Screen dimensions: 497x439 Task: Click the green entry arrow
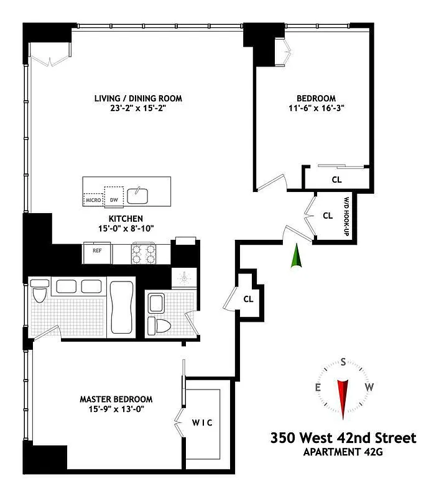(x=297, y=257)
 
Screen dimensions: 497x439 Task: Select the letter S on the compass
(x=343, y=361)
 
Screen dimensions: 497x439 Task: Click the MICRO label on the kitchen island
(x=93, y=199)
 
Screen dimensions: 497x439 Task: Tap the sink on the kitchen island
(x=138, y=196)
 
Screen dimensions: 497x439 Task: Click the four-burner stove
(x=146, y=253)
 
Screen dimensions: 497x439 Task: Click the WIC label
(x=201, y=423)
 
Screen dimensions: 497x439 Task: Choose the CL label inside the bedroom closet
(x=336, y=180)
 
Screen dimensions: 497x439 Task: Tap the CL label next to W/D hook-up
(x=328, y=216)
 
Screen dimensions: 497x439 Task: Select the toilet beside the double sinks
(x=39, y=292)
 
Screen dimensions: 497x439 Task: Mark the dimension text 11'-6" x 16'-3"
(x=315, y=107)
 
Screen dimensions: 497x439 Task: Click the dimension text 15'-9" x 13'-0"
(x=116, y=409)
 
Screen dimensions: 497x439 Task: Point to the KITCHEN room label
(x=126, y=219)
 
